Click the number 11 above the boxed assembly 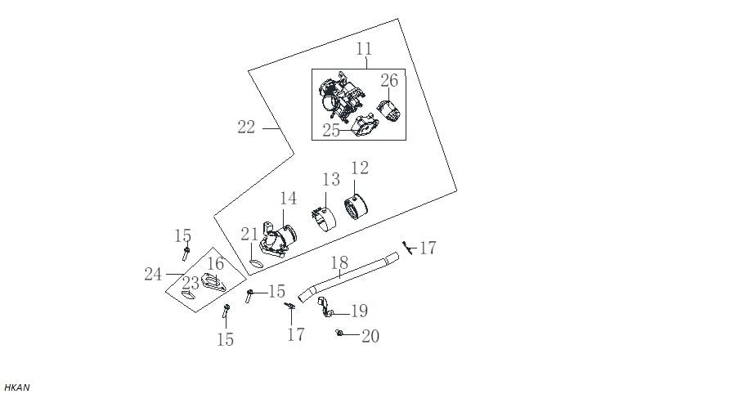(365, 50)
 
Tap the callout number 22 (246, 127)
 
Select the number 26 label (389, 80)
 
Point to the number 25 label (331, 130)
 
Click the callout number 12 (360, 168)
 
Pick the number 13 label (330, 180)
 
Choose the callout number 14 (288, 199)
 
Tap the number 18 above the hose (339, 262)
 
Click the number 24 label (153, 274)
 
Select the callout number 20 (370, 336)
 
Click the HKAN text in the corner (16, 387)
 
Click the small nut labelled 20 (339, 332)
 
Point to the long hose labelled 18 (352, 275)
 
